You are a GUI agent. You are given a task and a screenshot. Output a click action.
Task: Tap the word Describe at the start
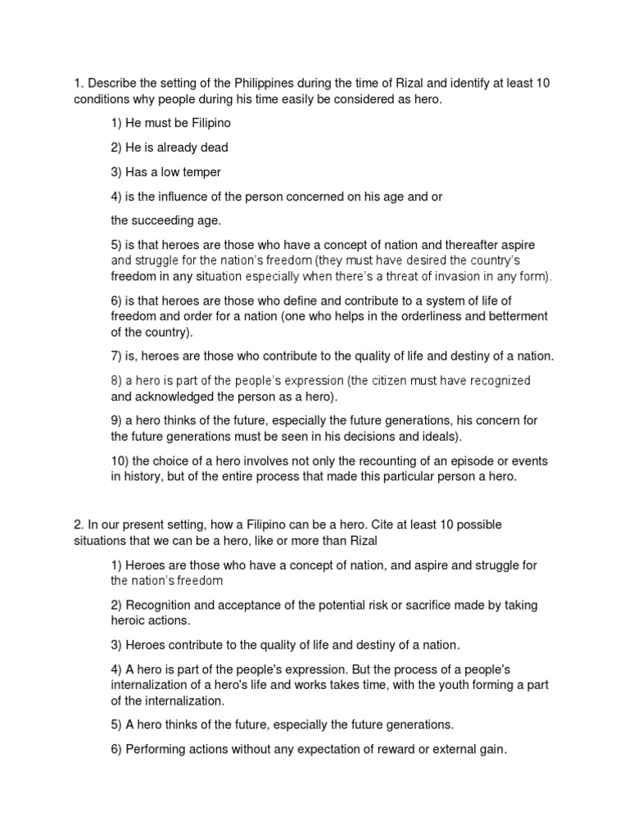[x=114, y=84]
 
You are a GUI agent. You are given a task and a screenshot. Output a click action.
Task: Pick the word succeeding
[x=163, y=220]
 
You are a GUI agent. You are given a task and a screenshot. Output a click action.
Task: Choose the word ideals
[x=437, y=436]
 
